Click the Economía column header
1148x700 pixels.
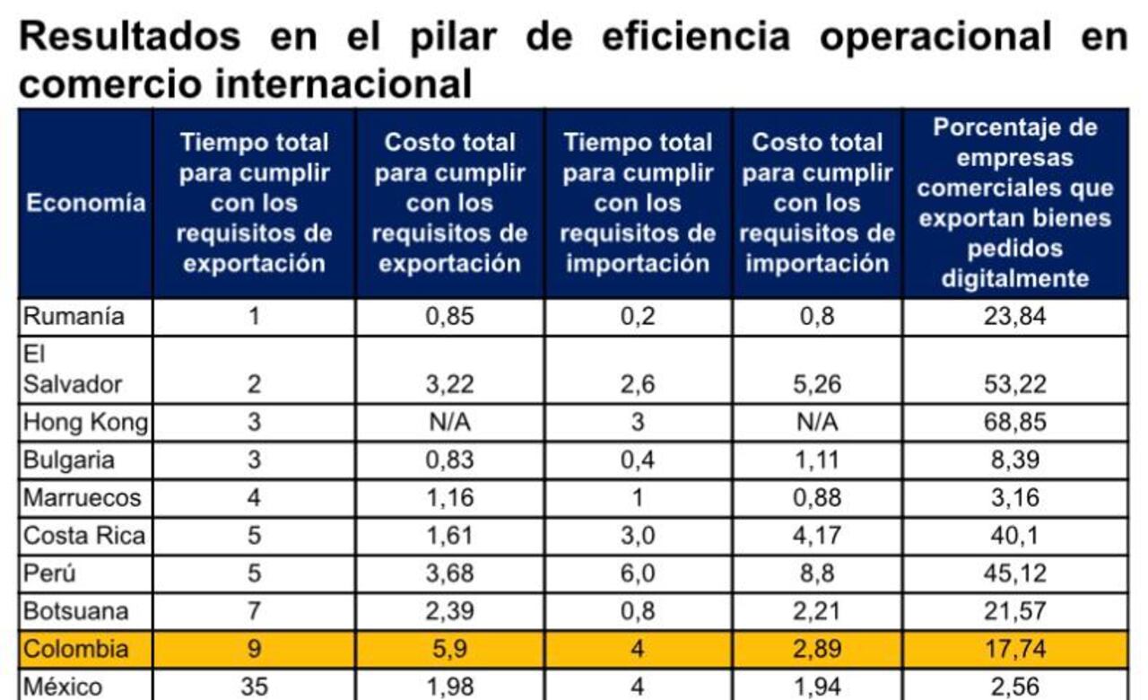[x=85, y=203]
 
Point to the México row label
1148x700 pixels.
[x=63, y=687]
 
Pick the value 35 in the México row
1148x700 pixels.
[x=254, y=687]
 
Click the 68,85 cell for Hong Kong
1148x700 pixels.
[x=1015, y=422]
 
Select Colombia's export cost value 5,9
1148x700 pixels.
[x=450, y=649]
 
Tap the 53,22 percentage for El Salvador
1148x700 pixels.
[x=1015, y=385]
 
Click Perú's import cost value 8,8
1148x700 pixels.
[x=817, y=573]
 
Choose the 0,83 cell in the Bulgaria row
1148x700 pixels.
[x=450, y=460]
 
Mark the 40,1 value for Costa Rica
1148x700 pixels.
[x=1015, y=536]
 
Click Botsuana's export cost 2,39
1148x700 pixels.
[x=450, y=611]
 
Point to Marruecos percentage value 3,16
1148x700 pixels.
[x=1015, y=498]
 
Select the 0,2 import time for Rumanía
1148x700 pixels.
[x=638, y=317]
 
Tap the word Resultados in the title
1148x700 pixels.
[x=129, y=37]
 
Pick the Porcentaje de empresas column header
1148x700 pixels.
[x=1015, y=203]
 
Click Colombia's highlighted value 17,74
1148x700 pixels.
[x=1015, y=649]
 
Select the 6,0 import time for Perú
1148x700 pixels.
[x=638, y=573]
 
